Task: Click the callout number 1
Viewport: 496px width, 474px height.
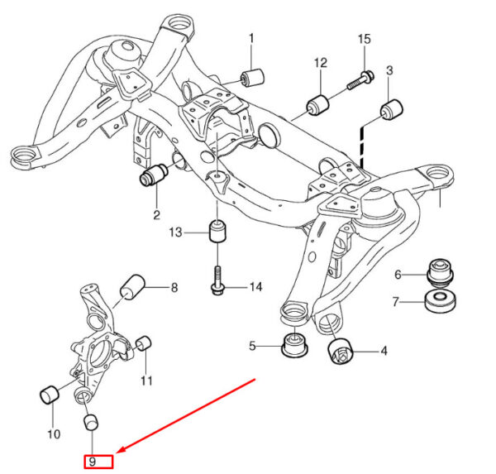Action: coord(252,38)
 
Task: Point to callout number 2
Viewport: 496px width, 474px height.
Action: coord(155,216)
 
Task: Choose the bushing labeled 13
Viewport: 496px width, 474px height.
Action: coord(217,231)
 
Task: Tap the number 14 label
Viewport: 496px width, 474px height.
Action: coord(255,287)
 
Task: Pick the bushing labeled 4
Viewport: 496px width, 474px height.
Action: coord(340,351)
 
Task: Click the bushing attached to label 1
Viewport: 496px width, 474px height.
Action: coord(252,76)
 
